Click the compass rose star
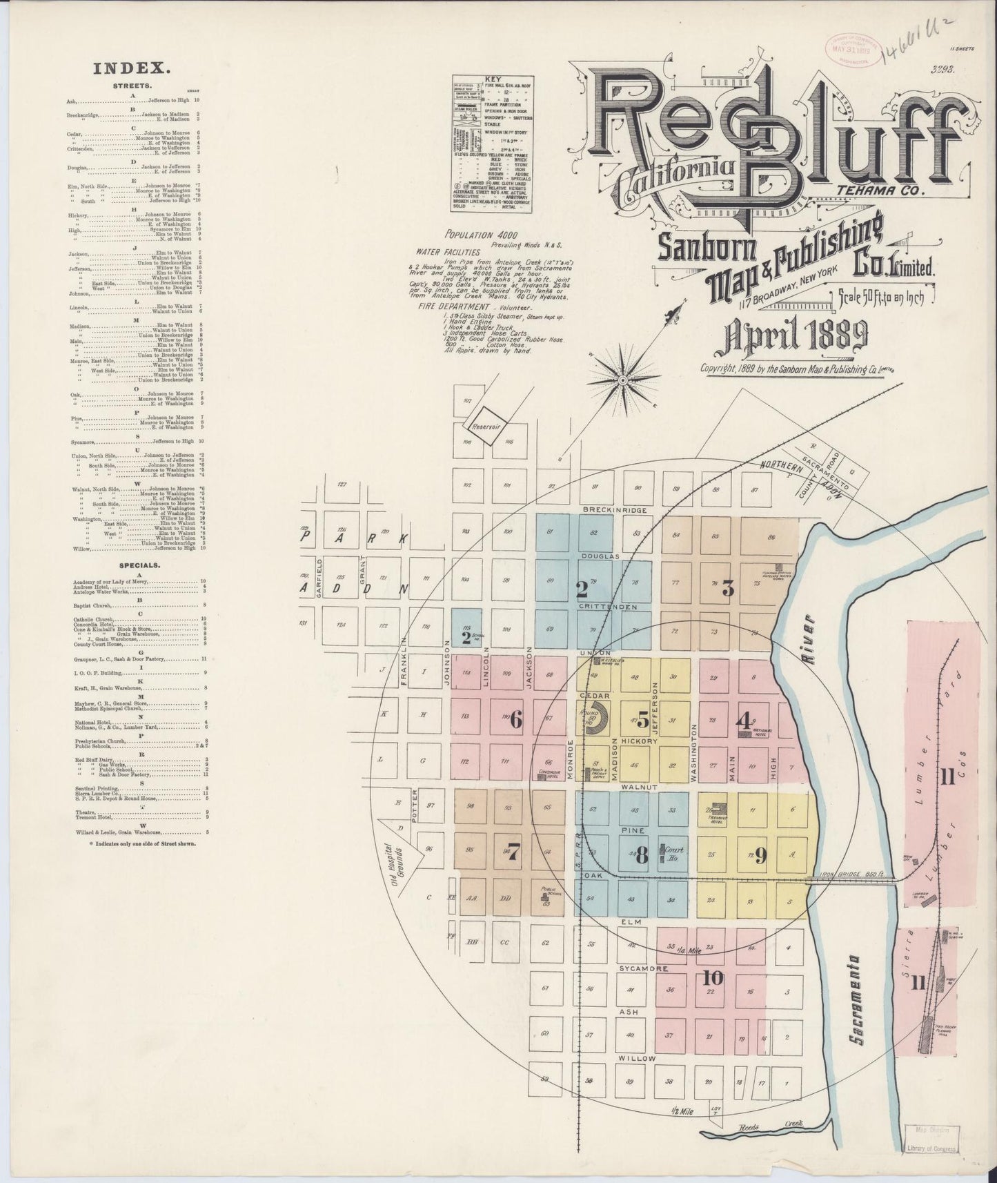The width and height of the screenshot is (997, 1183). pyautogui.click(x=622, y=380)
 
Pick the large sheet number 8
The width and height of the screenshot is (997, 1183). pyautogui.click(x=642, y=856)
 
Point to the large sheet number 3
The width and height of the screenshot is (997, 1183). pyautogui.click(x=727, y=589)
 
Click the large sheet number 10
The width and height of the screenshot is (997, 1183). pyautogui.click(x=713, y=977)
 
